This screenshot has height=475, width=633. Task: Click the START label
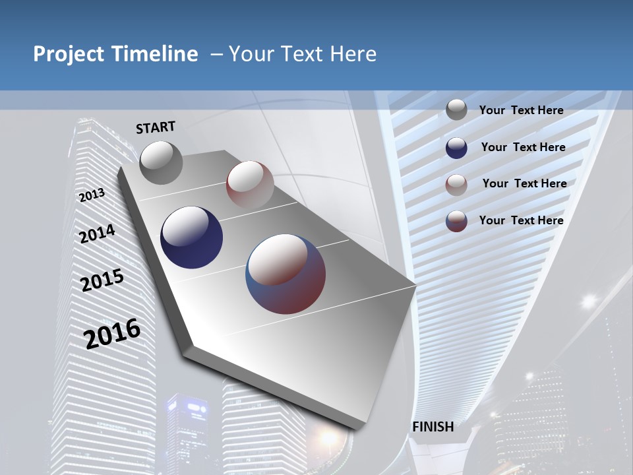tap(156, 127)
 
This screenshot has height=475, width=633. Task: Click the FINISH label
tap(433, 426)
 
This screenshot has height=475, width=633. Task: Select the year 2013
tap(92, 195)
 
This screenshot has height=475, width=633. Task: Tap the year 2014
tap(97, 234)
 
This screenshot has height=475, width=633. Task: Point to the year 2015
tap(102, 280)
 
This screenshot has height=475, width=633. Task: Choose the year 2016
tap(112, 333)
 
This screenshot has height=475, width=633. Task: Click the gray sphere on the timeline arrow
tap(161, 162)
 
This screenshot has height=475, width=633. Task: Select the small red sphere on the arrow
tap(250, 184)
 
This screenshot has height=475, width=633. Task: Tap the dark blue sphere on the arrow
tap(191, 237)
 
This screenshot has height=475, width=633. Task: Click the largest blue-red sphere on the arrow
tap(286, 273)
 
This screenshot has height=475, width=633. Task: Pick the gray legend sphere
tap(456, 110)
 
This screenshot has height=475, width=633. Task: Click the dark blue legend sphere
tap(456, 148)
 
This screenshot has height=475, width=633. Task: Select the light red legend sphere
tap(456, 184)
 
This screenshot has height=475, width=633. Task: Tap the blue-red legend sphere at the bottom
tap(456, 221)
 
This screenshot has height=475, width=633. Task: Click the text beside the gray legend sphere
tap(521, 110)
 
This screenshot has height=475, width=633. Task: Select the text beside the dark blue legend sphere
tap(523, 147)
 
